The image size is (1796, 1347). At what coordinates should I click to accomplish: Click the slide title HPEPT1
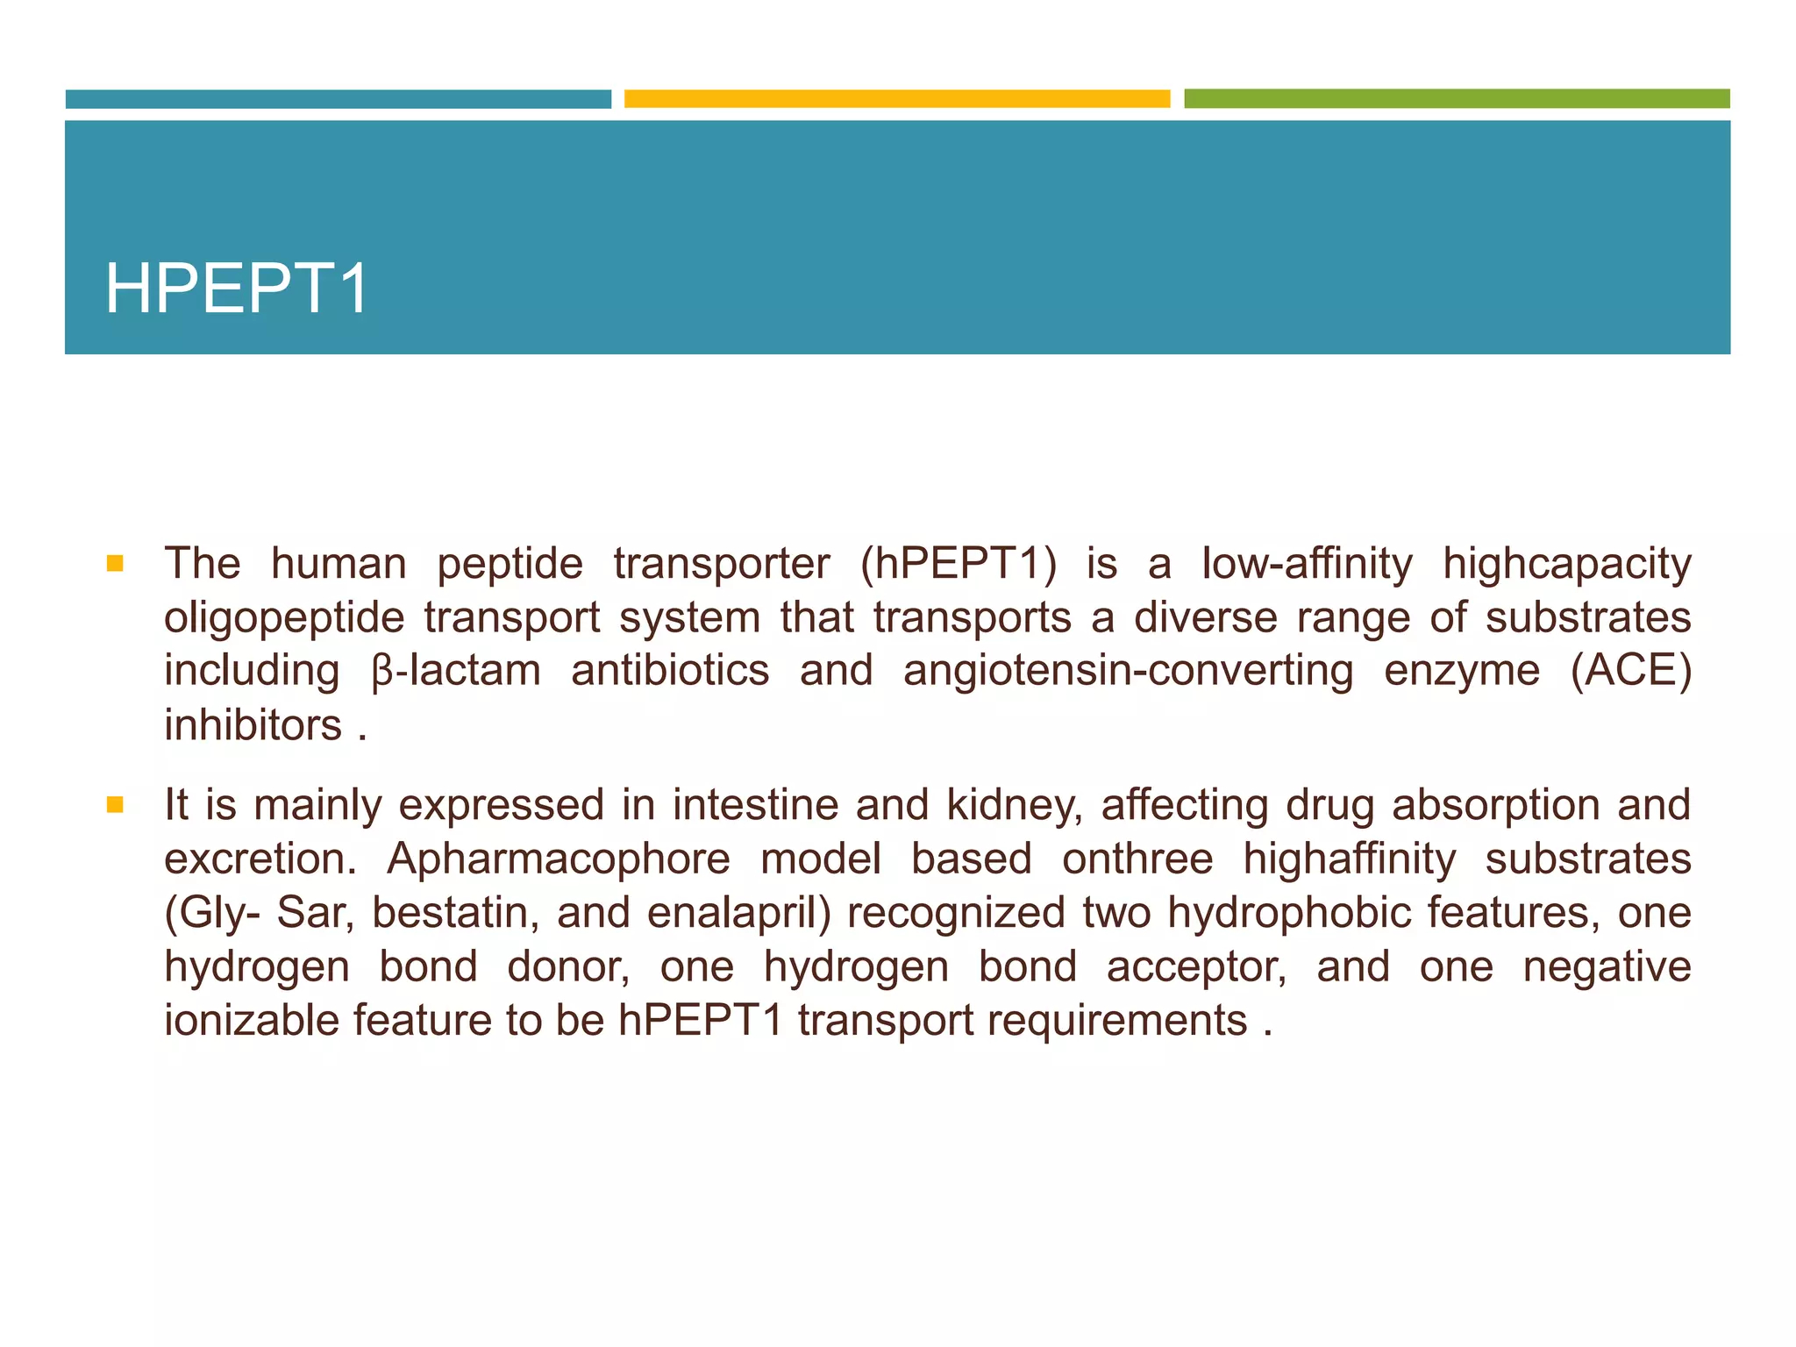[x=237, y=289]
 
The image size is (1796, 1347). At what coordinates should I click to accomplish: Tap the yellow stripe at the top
[x=896, y=98]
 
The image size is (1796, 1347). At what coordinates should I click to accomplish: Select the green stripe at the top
[x=1456, y=98]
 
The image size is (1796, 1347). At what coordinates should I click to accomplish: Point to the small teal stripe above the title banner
[x=338, y=98]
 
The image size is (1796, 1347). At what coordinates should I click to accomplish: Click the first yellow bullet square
[x=115, y=562]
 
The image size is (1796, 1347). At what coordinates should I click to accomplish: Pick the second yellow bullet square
[x=115, y=804]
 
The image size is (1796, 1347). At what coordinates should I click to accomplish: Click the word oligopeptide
[x=284, y=618]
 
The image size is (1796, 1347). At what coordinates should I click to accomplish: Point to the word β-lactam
[x=455, y=671]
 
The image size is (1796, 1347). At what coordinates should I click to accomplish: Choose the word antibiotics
[x=670, y=671]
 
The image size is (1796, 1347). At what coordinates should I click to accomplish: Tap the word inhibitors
[x=253, y=725]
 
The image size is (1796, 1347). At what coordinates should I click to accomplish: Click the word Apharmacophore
[x=559, y=859]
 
